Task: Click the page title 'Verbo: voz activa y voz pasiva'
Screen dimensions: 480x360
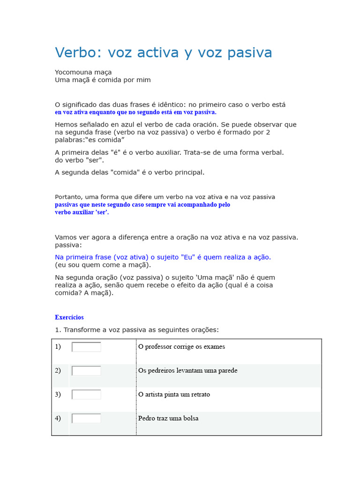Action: [163, 52]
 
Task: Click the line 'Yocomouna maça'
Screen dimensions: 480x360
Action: [83, 72]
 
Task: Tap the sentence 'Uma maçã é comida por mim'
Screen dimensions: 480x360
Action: [103, 80]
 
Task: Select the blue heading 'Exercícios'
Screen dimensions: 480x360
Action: [69, 317]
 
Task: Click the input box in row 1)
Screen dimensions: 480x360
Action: [86, 347]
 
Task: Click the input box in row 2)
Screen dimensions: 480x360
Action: [86, 371]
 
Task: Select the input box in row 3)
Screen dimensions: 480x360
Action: [86, 395]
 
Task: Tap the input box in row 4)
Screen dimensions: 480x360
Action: [86, 418]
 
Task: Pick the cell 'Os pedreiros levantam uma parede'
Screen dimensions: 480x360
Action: [187, 370]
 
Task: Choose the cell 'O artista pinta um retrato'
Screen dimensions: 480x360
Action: [174, 394]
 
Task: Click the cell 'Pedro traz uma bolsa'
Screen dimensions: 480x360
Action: [168, 418]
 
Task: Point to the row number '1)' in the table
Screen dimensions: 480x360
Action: [58, 347]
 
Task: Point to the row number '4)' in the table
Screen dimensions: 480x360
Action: [58, 418]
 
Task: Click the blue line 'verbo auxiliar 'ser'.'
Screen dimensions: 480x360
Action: [82, 212]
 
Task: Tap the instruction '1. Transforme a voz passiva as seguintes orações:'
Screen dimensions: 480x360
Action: [136, 330]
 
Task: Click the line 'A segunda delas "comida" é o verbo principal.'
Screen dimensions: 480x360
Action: [129, 172]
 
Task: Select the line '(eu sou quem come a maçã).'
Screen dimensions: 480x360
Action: [103, 265]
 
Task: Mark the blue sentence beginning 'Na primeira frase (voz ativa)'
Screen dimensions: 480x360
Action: [163, 257]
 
